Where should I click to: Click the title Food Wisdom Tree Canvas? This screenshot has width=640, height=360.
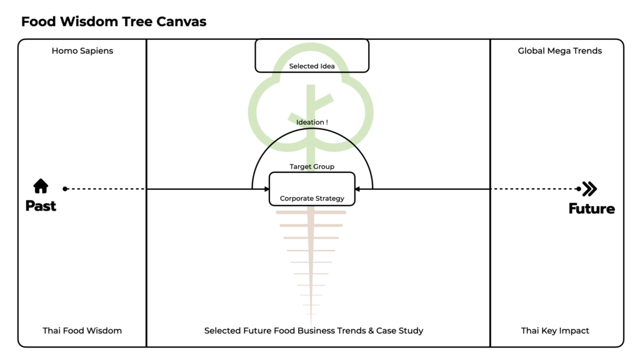(114, 21)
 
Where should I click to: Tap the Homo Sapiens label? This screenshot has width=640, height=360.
(82, 51)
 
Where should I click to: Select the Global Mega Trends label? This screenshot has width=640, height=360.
(559, 51)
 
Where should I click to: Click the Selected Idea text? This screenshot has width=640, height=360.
(312, 66)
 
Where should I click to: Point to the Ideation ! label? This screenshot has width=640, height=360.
(312, 122)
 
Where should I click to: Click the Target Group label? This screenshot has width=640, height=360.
(312, 166)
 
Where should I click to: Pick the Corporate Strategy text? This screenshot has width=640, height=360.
(312, 198)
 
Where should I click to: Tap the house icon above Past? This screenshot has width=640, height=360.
(41, 186)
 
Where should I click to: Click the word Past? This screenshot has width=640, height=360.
(41, 206)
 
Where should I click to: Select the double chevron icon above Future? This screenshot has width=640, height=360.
(589, 189)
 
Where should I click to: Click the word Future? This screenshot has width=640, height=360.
(591, 209)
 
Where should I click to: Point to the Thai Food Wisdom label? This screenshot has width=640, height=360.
(82, 331)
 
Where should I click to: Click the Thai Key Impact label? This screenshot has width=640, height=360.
(555, 331)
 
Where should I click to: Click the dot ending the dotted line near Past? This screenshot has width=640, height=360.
(65, 189)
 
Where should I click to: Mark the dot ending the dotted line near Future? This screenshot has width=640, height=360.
(578, 189)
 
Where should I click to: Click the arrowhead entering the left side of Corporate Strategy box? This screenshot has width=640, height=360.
(267, 189)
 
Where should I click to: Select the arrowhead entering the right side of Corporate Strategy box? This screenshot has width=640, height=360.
(357, 189)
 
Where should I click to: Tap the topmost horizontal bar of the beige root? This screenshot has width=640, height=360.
(311, 212)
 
